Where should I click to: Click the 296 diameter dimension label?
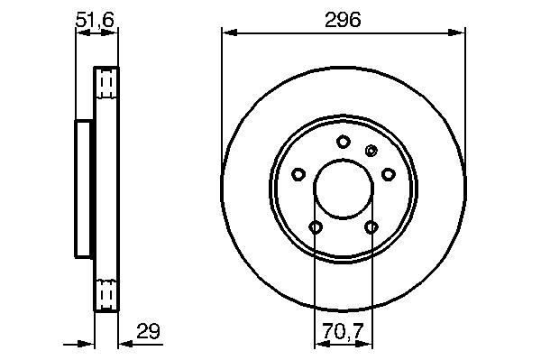tap(343, 20)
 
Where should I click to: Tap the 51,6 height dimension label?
tap(95, 20)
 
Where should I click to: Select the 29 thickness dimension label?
tap(149, 331)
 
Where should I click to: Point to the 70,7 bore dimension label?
tap(344, 331)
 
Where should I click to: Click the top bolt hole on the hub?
tap(344, 142)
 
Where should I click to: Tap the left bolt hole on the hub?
tap(298, 174)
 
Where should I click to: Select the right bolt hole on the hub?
tap(388, 174)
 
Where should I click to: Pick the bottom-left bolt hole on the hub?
tap(316, 227)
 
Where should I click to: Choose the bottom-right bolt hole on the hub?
tap(371, 227)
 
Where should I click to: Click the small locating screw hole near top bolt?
tap(371, 151)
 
